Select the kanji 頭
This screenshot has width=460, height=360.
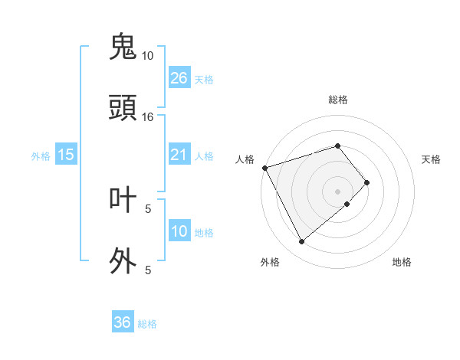(x=123, y=108)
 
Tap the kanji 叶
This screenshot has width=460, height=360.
(x=123, y=199)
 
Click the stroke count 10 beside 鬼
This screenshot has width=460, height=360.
(x=148, y=56)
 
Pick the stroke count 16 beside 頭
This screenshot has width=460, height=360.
(x=148, y=117)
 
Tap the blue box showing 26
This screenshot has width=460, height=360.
(x=179, y=78)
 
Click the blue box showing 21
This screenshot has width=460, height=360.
(x=179, y=155)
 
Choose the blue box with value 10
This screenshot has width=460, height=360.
(x=179, y=231)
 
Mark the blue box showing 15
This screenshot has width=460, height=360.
(x=66, y=155)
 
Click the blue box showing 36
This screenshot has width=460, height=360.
(x=122, y=322)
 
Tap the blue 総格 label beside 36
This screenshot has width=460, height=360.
(x=147, y=324)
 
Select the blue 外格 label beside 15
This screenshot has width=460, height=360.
(x=41, y=155)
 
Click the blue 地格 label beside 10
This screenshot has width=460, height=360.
(x=204, y=233)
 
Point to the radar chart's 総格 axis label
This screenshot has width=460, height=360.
(x=337, y=100)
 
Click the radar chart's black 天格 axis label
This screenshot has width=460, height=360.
(x=432, y=159)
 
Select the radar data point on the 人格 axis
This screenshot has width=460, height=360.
(x=264, y=167)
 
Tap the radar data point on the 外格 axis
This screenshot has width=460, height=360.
(x=301, y=241)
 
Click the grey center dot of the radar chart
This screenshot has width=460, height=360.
(x=337, y=191)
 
